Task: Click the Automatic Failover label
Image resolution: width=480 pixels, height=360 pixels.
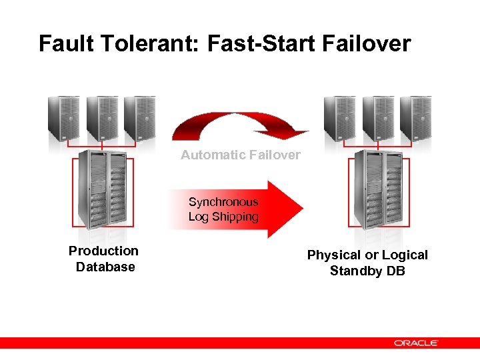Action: coord(241,155)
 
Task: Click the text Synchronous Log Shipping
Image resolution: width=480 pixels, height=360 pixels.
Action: coord(223,209)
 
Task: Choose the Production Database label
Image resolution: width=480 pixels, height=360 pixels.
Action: coord(104,259)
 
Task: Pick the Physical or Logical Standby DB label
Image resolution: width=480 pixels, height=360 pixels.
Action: coord(367,263)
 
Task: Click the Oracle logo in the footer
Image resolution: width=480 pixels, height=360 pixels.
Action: coord(415,343)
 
